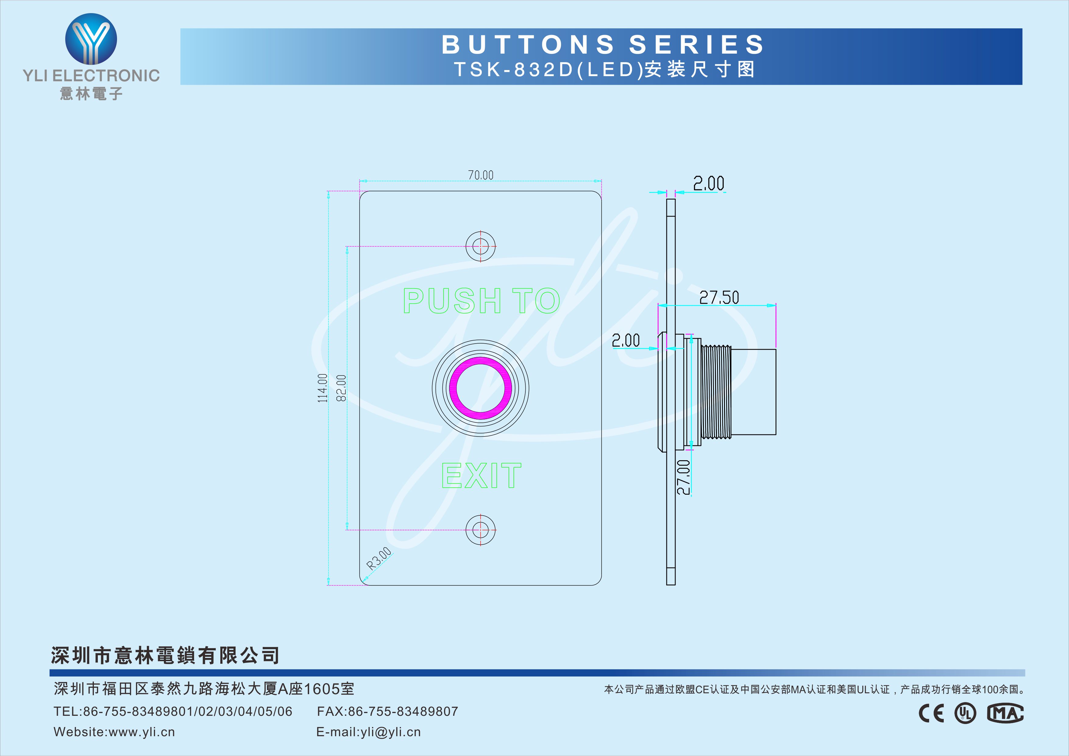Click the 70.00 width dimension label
481,175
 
